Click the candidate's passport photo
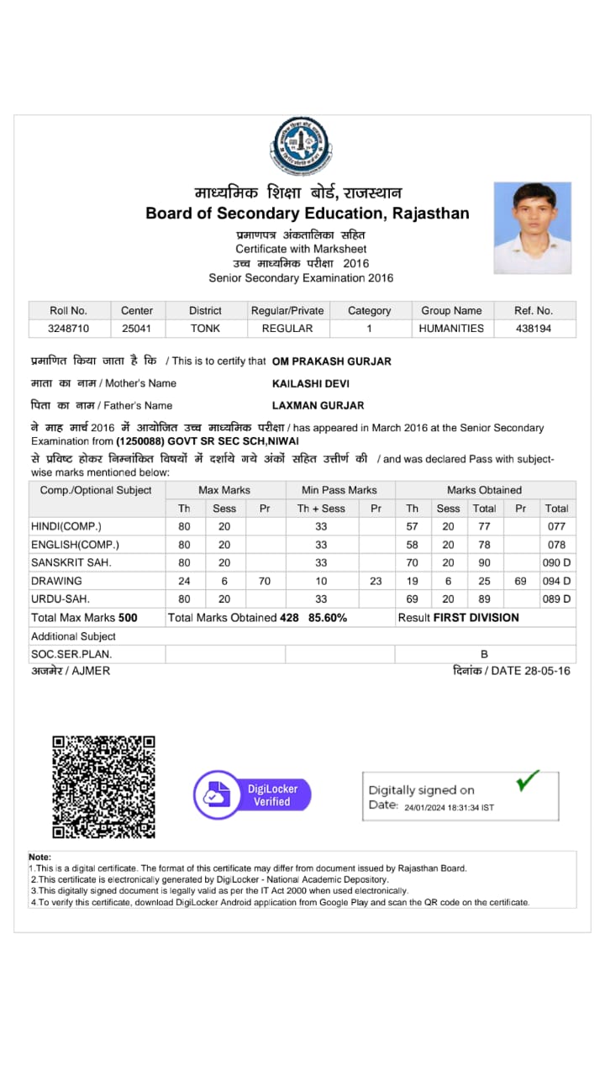point(532,228)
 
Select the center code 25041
point(137,329)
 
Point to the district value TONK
point(205,329)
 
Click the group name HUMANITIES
point(451,329)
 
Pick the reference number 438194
point(534,329)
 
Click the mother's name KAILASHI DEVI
point(311,383)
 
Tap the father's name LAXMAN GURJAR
point(318,405)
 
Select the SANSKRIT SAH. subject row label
point(71,562)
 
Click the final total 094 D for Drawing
point(556,581)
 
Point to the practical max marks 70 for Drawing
point(265,581)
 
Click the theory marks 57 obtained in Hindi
point(412,526)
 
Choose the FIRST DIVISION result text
point(476,618)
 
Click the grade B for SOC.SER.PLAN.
point(484,654)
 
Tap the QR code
point(103,787)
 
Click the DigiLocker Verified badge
point(252,795)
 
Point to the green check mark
point(528,781)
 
